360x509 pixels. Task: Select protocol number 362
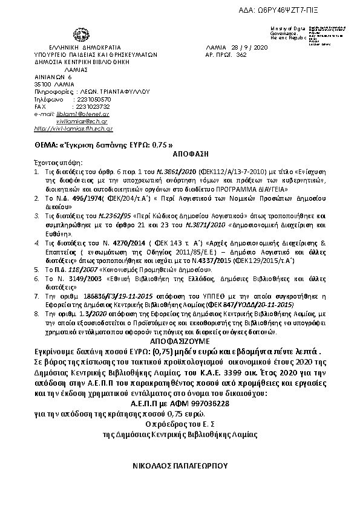click(242, 54)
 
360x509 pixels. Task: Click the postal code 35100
click(43, 84)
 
